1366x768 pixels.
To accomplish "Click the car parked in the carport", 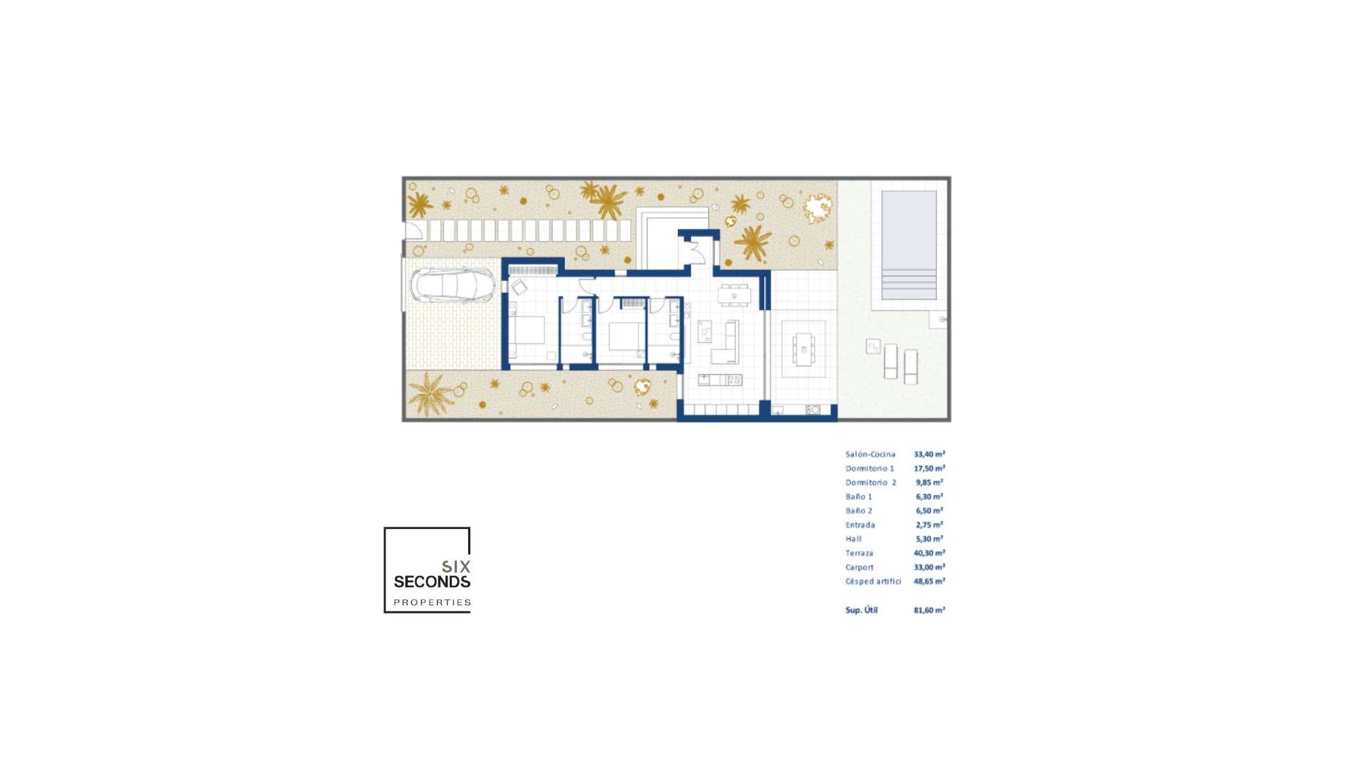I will click(x=452, y=286).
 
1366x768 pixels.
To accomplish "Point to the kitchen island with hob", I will click(x=720, y=380).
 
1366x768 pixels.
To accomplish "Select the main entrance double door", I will click(x=696, y=251).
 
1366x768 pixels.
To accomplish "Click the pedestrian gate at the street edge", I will click(x=413, y=231).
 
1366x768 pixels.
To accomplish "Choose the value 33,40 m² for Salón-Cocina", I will click(x=929, y=454).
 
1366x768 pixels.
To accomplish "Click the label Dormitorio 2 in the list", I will click(x=870, y=483).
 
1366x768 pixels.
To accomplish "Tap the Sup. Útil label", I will click(x=861, y=610).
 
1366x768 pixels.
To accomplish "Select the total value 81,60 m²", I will click(x=929, y=610).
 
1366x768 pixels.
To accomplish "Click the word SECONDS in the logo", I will click(x=432, y=582).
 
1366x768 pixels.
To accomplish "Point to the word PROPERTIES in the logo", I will click(x=432, y=602).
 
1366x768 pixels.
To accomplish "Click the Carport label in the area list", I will click(x=859, y=567).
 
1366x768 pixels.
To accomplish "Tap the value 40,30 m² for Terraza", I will click(x=929, y=553).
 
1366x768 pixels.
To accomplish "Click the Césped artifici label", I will click(x=873, y=582).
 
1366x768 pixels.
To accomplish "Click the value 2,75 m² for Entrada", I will click(x=929, y=525).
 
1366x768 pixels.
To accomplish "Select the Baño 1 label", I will click(x=858, y=497).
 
